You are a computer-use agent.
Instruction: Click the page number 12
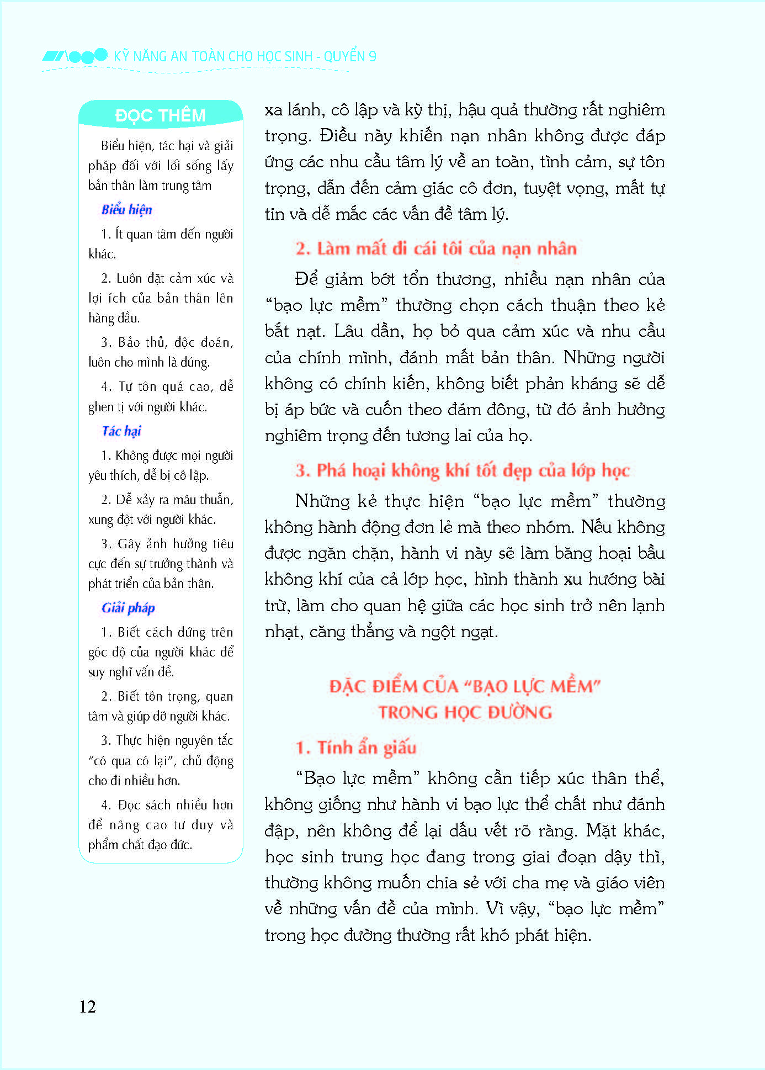click(x=88, y=1007)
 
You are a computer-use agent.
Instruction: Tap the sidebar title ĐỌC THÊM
click(x=160, y=115)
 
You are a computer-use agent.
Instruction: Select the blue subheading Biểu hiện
click(x=126, y=210)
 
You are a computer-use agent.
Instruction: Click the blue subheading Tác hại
click(x=121, y=431)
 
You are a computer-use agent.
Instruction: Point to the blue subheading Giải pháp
click(x=128, y=608)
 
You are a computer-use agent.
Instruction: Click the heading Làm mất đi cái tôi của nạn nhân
click(x=436, y=248)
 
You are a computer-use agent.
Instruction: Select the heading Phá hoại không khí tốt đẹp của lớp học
click(x=463, y=470)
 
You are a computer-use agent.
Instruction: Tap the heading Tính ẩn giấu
click(x=356, y=748)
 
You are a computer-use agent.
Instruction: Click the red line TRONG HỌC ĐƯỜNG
click(x=465, y=712)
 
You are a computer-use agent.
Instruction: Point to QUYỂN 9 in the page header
click(x=350, y=56)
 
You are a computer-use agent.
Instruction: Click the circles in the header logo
click(x=87, y=56)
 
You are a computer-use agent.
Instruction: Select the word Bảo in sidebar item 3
click(x=129, y=342)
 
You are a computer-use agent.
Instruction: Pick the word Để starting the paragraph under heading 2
click(x=306, y=279)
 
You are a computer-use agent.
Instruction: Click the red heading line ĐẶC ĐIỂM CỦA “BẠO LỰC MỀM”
click(x=465, y=686)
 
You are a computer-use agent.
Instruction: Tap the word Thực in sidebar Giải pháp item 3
click(x=129, y=740)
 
